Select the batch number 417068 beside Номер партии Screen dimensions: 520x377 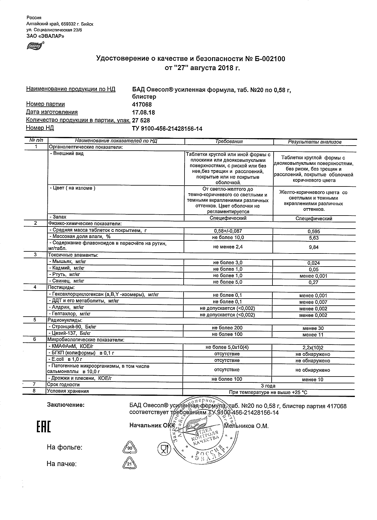click(142, 104)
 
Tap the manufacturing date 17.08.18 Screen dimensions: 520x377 click(143, 113)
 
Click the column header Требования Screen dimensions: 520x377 click(229, 141)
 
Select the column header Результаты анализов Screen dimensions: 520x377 click(315, 142)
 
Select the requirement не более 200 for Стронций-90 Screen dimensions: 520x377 click(227, 328)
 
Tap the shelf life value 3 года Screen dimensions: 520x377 click(268, 386)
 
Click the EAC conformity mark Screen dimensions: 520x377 click(44, 427)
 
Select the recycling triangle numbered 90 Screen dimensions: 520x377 click(130, 449)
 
